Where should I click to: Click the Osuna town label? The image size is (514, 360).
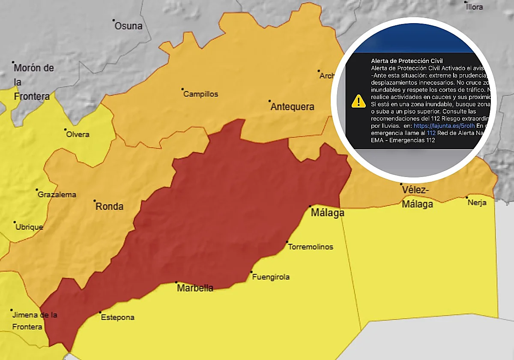pyautogui.click(x=128, y=26)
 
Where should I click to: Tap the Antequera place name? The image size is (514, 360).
pyautogui.click(x=293, y=107)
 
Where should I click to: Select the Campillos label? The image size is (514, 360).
pyautogui.click(x=200, y=94)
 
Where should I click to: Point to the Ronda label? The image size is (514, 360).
pyautogui.click(x=109, y=207)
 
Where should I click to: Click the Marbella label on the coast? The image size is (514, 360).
pyautogui.click(x=195, y=288)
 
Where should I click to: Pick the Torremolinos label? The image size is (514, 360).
pyautogui.click(x=311, y=247)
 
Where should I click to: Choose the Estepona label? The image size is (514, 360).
pyautogui.click(x=117, y=318)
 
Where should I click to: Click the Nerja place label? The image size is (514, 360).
pyautogui.click(x=477, y=203)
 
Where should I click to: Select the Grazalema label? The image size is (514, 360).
pyautogui.click(x=57, y=195)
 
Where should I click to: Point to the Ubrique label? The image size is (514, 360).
pyautogui.click(x=29, y=227)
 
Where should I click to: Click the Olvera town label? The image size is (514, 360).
pyautogui.click(x=78, y=135)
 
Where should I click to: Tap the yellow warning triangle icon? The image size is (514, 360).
pyautogui.click(x=358, y=101)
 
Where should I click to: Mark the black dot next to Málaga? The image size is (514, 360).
pyautogui.click(x=310, y=207)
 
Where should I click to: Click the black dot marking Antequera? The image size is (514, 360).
pyautogui.click(x=270, y=102)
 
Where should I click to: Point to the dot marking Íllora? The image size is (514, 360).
pyautogui.click(x=466, y=2)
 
